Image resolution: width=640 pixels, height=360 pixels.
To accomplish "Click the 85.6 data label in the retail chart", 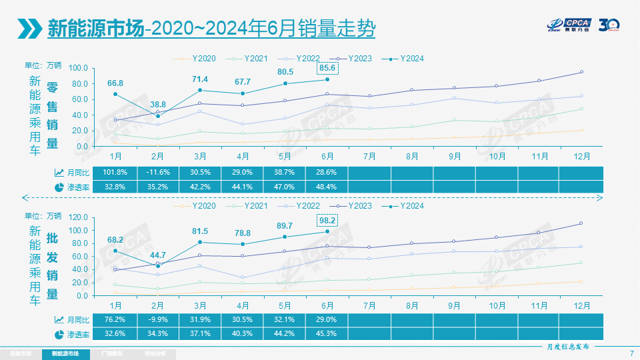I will coord(327,68).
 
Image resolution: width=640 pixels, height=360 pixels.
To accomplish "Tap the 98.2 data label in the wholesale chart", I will coord(327,220).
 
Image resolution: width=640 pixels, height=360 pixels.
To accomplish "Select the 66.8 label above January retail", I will coord(115,83).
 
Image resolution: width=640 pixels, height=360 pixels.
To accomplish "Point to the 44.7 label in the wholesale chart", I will coord(157,255).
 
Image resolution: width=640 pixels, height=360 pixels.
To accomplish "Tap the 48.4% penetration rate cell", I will coord(327,187).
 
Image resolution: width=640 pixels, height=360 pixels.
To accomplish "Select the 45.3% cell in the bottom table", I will coord(327,333).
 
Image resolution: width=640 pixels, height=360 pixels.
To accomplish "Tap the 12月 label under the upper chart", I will coord(581,156).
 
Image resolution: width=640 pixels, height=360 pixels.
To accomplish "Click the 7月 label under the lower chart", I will coord(369,305).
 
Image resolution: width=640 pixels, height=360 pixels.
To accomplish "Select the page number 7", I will coord(631,353).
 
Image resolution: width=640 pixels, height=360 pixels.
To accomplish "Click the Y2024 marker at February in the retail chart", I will coord(157,116).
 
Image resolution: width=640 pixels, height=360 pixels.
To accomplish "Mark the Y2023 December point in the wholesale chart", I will coord(581,223).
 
